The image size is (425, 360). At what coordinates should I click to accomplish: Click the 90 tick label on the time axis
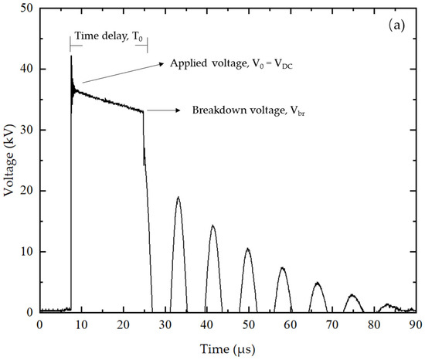pos(416,324)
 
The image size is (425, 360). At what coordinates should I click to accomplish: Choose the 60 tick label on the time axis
pos(291,324)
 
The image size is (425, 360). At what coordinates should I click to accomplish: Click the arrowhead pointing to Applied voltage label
pos(162,63)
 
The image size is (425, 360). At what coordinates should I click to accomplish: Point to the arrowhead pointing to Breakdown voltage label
pos(183,110)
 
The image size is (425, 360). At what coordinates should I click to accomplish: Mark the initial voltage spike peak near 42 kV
pos(71,56)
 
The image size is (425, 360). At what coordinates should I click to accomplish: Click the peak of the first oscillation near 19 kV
pos(178,197)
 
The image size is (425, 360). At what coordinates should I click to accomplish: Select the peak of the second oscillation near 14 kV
pos(212,226)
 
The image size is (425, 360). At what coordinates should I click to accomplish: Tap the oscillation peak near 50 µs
pos(247,249)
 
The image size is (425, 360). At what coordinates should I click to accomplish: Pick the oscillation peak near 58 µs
pos(283,267)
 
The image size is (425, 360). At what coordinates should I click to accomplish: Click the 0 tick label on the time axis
pos(39,324)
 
